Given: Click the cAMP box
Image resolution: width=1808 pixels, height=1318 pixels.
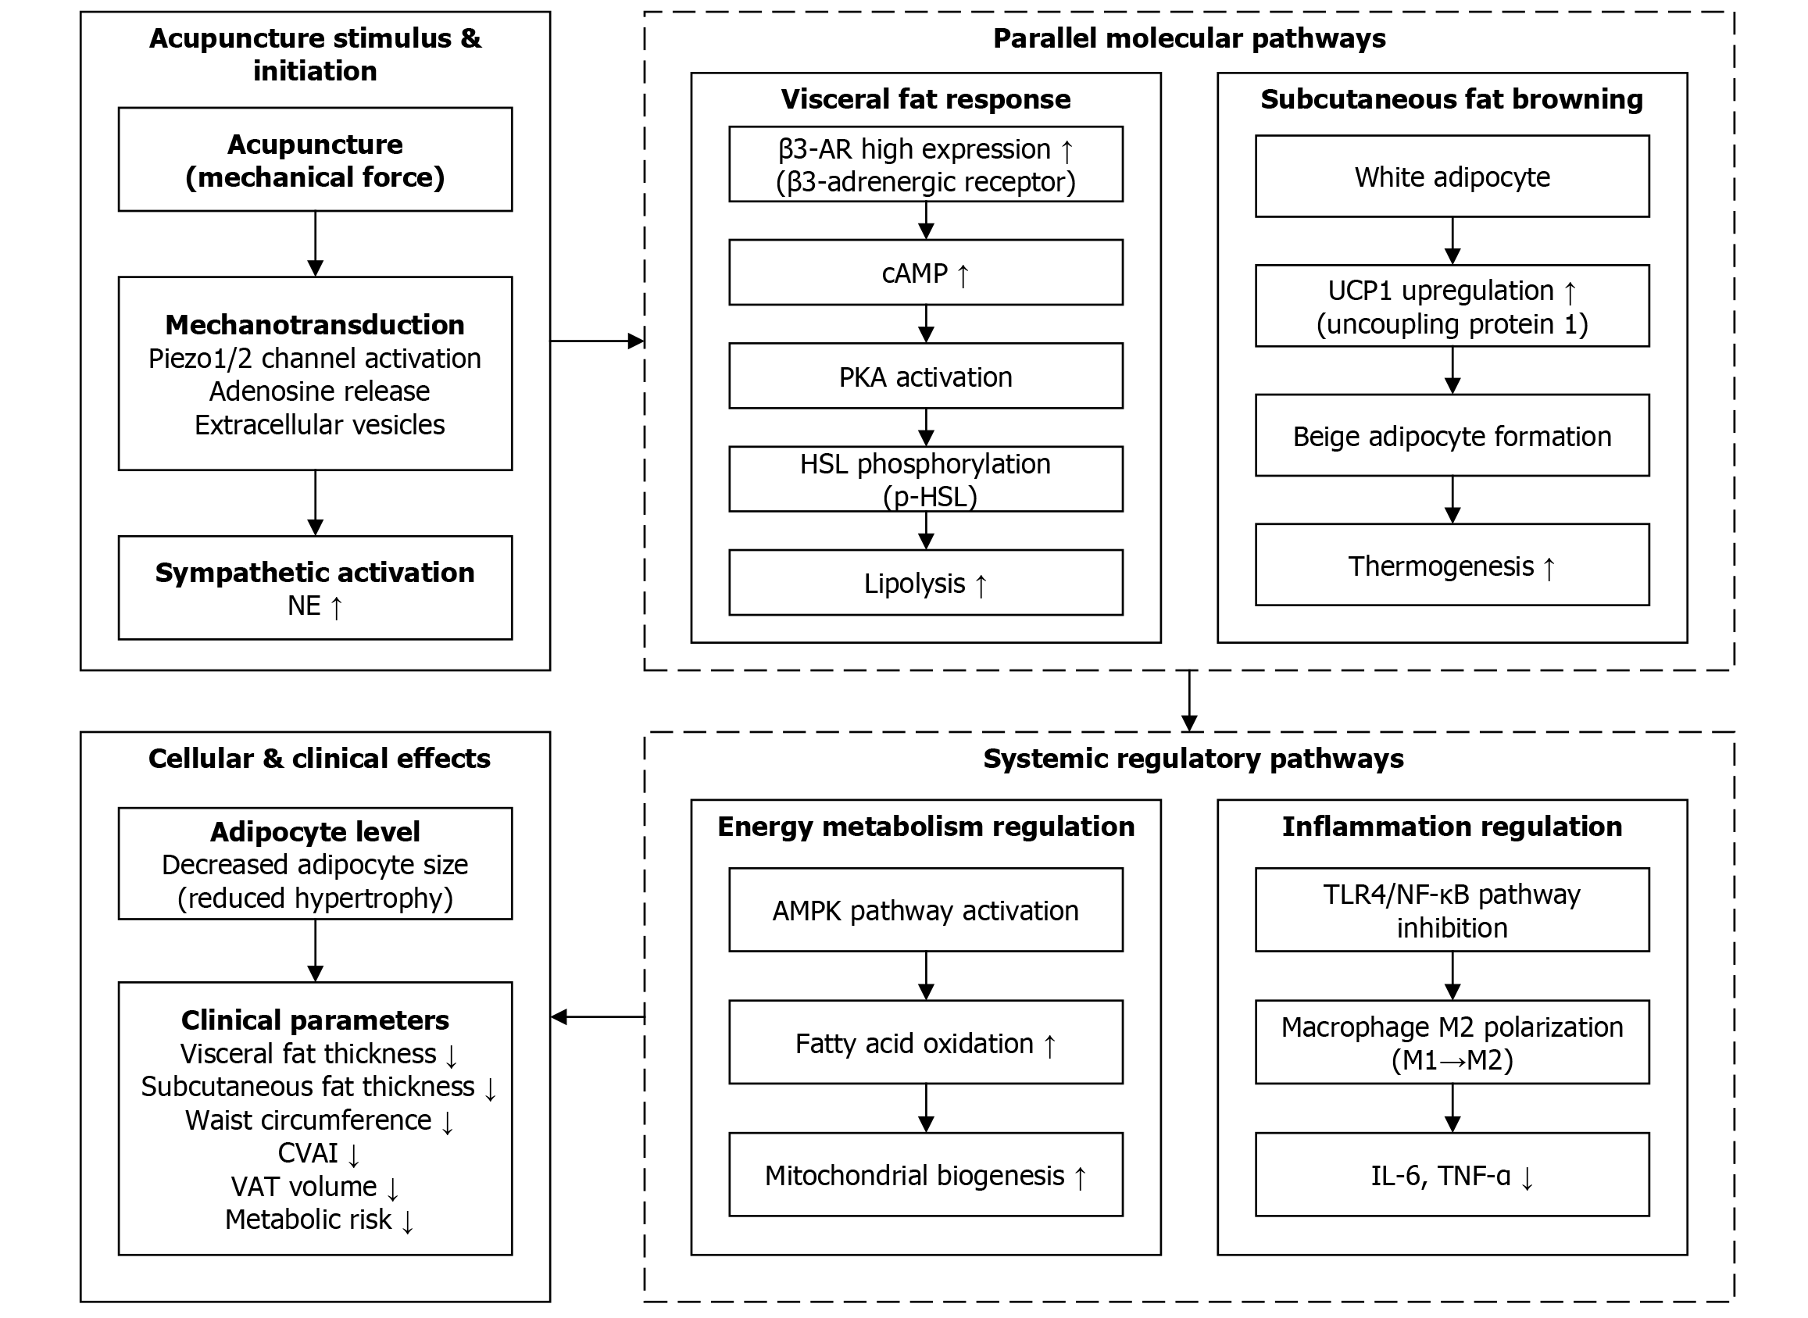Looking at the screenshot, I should (x=926, y=273).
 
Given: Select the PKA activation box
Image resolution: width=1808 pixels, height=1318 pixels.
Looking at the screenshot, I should (x=926, y=377).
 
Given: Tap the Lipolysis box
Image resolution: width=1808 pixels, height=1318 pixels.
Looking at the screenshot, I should (x=926, y=583).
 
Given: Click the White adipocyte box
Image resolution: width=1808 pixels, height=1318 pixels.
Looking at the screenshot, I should (x=1452, y=177).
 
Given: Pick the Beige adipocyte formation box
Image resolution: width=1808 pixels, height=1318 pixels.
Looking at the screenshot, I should (x=1452, y=436).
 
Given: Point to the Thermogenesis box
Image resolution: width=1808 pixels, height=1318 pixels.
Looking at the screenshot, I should (x=1452, y=566).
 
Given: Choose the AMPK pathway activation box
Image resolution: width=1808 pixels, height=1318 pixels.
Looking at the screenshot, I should (x=926, y=910).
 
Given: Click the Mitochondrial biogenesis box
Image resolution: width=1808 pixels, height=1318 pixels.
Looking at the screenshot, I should (x=926, y=1175).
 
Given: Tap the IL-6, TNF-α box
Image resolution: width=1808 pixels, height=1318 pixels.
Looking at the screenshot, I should (x=1452, y=1175).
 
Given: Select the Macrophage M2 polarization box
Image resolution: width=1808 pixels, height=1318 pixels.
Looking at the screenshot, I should (x=1452, y=1042).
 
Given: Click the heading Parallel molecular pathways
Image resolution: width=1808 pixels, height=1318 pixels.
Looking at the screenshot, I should (x=1189, y=38).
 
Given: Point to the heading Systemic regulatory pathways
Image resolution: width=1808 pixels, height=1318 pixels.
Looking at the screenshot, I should (x=1193, y=758).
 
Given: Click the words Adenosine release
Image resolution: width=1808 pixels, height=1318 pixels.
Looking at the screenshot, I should (x=319, y=391).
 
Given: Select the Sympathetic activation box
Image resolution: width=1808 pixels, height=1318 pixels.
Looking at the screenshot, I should (x=315, y=588).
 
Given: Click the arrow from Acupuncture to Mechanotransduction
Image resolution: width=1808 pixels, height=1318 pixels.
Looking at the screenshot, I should (x=315, y=243).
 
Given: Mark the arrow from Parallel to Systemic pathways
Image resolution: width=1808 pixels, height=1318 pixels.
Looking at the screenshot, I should (x=1189, y=701).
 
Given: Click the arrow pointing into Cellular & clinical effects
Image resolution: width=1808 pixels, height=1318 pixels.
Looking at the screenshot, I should (x=597, y=1016).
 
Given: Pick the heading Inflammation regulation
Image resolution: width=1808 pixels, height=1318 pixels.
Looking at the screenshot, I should (x=1452, y=827).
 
